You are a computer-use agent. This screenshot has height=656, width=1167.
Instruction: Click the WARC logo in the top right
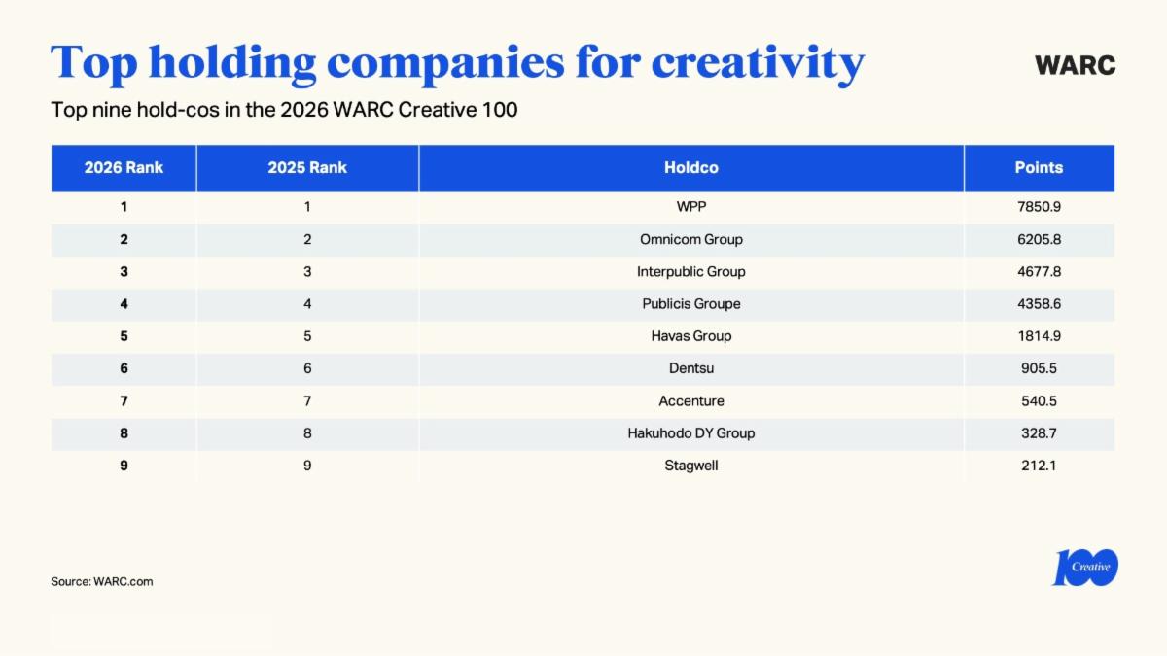pos(1075,66)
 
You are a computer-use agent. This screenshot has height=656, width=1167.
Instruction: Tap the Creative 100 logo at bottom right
pos(1085,568)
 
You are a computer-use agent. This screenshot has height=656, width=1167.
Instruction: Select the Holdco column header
pos(691,168)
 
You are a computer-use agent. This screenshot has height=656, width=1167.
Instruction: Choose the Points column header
pos(1039,168)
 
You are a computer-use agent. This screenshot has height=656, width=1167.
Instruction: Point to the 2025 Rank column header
pos(307,168)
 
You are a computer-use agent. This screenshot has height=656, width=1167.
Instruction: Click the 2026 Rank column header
pos(124,168)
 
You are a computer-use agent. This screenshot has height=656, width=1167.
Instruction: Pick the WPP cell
pos(691,207)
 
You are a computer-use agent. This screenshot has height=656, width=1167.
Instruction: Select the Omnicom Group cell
pos(691,239)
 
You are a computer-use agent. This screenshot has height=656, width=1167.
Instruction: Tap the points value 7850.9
pos(1039,207)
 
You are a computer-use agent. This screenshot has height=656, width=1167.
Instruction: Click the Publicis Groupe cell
pos(691,304)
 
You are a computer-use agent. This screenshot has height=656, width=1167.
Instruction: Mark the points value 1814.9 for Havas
pos(1039,336)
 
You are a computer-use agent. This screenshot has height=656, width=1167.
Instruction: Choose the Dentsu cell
pos(691,368)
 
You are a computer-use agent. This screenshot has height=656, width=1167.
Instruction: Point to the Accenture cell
pos(691,400)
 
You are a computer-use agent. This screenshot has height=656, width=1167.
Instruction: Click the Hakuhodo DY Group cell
pos(691,433)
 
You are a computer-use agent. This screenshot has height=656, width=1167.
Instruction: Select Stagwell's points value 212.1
pos(1039,466)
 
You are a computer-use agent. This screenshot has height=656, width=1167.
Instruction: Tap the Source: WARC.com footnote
pos(102,582)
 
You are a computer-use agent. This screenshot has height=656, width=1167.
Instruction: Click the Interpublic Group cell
pos(691,272)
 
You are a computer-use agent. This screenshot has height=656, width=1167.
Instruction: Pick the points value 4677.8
pos(1039,272)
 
